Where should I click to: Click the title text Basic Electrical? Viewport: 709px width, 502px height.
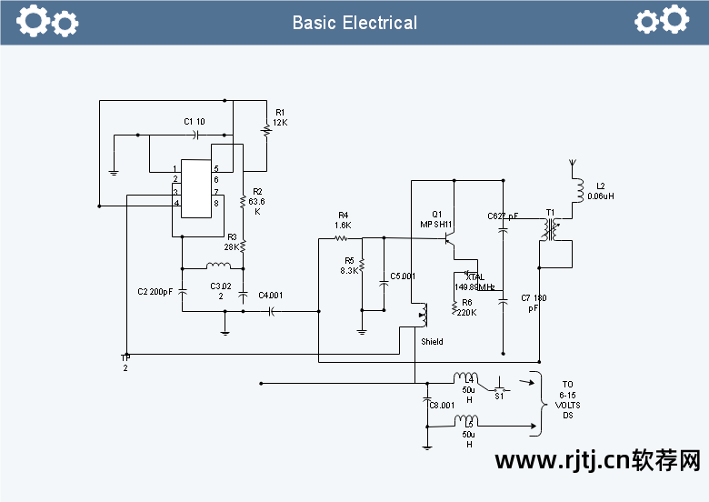tap(354, 23)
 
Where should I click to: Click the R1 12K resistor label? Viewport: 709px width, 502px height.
tap(280, 117)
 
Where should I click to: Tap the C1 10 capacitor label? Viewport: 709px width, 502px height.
tap(195, 121)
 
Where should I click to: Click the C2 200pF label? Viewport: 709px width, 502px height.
tap(155, 292)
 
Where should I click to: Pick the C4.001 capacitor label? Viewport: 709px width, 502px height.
tap(270, 295)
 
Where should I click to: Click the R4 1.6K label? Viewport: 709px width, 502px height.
tap(343, 220)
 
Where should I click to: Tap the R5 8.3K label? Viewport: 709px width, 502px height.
tap(348, 266)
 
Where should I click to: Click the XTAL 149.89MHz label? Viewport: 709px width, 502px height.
tap(474, 282)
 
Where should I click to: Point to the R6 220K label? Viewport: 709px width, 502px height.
tap(466, 307)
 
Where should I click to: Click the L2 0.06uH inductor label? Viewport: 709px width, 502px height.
tap(601, 191)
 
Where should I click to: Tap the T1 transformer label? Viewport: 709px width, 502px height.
tap(550, 213)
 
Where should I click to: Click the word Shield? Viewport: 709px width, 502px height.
tap(433, 342)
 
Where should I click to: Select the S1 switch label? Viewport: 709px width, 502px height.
tap(499, 396)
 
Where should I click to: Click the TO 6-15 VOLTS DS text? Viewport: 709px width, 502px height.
tap(567, 399)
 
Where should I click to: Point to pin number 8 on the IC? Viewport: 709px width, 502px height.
tap(215, 203)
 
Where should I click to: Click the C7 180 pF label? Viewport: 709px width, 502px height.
tap(534, 303)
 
